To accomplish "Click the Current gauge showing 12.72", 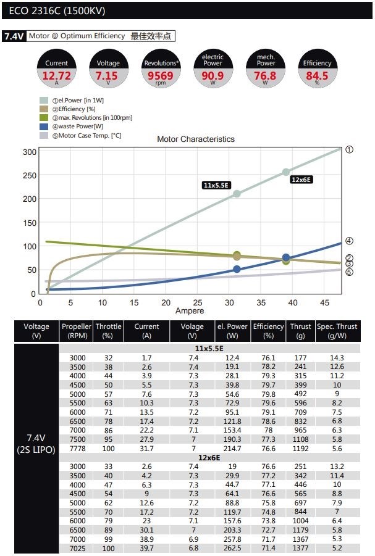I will pos(57,70).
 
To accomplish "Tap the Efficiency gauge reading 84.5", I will pos(318,70).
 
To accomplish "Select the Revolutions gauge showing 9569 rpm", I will pos(161,70).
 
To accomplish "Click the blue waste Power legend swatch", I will pos(44,127).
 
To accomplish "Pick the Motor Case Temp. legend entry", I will pos(80,136).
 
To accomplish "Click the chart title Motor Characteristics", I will pos(196,139).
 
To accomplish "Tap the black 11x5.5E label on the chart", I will pos(216,185).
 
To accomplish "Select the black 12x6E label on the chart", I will pos(301,180).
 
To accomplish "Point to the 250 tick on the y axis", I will pos(29,175).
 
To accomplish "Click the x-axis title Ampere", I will pos(189,311).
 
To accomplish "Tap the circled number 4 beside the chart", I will pos(350,241).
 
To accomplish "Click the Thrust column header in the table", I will pos(300,331).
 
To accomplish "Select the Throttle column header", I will pos(109,331).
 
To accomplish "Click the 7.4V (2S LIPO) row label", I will pos(36,444).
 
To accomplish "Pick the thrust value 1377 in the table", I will pos(300,548).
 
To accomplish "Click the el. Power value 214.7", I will pos(232,449).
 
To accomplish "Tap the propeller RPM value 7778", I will pos(77,449).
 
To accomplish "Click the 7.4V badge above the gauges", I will pos(14,36).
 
